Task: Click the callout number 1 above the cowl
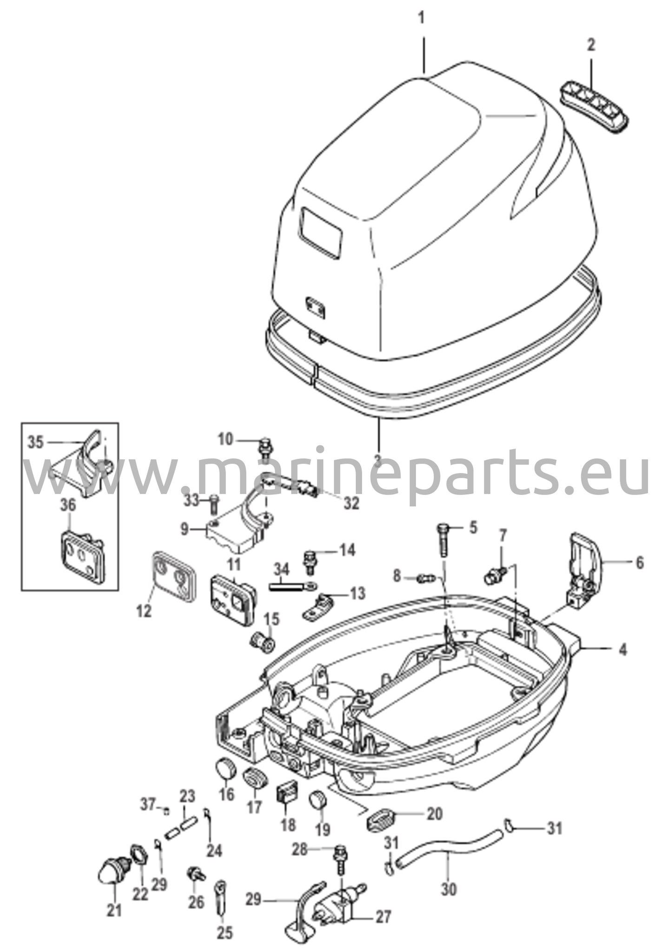click(x=422, y=19)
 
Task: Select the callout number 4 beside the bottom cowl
click(x=623, y=648)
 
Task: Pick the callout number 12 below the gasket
click(x=144, y=611)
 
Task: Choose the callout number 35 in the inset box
click(x=35, y=442)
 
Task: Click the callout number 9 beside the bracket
click(x=184, y=529)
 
